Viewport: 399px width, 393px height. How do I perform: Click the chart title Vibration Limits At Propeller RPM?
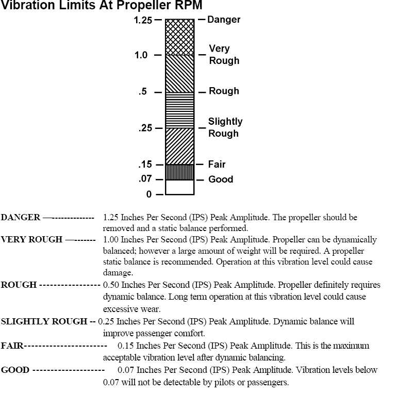tap(101, 5)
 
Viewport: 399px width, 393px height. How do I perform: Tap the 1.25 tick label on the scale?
tap(143, 20)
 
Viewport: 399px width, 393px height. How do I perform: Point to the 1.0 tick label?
tap(141, 55)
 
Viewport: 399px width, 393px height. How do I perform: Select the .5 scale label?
tap(142, 92)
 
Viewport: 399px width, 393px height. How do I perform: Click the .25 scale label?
tap(145, 128)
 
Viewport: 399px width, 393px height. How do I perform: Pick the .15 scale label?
tap(145, 165)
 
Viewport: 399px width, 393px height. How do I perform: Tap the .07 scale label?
tap(145, 179)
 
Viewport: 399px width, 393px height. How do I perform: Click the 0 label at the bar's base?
tap(149, 194)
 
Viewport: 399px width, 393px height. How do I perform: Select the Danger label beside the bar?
tap(224, 20)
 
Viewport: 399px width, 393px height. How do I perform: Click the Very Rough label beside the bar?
tap(224, 55)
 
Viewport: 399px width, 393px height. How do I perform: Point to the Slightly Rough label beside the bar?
tap(225, 127)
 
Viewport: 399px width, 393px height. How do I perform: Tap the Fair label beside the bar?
tap(217, 165)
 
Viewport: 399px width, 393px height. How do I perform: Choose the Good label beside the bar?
tap(221, 179)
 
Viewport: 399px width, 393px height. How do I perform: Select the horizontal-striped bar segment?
tap(179, 110)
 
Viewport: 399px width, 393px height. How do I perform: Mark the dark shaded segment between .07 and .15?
tap(179, 172)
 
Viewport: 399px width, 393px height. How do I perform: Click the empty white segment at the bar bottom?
tap(179, 187)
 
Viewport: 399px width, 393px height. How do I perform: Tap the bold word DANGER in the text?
tap(21, 218)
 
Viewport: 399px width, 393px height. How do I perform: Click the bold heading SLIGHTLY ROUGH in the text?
tap(44, 322)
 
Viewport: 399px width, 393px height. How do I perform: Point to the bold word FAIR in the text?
tap(12, 346)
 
